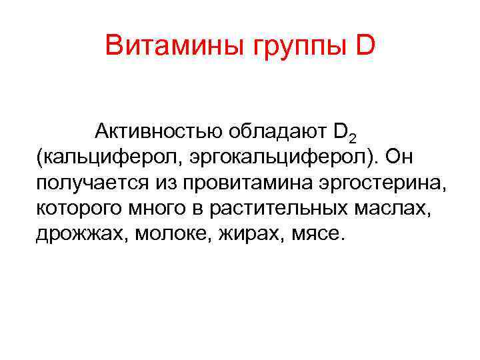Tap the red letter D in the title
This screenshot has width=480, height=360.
[367, 46]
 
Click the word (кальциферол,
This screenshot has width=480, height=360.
[108, 157]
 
